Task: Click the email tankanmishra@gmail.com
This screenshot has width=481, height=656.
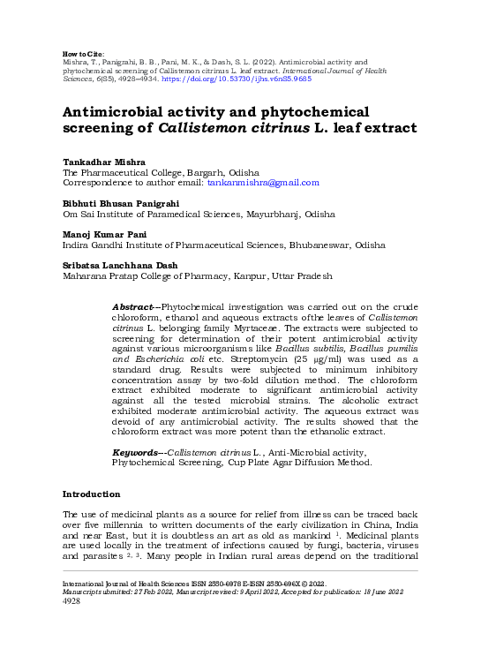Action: tap(262, 183)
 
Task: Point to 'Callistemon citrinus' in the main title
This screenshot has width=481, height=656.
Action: tap(234, 127)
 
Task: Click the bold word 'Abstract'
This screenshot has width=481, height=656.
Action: tap(133, 306)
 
